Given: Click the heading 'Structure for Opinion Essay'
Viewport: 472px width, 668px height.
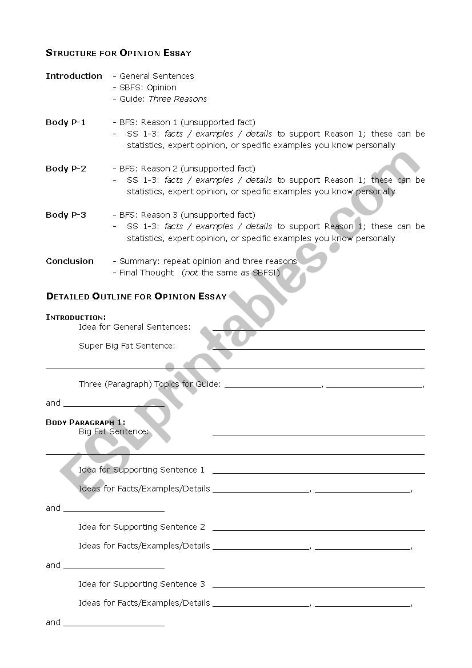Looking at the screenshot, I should pos(118,53).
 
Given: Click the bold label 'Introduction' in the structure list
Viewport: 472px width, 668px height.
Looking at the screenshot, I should pos(74,76).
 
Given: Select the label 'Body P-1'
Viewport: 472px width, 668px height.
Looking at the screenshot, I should pos(66,122).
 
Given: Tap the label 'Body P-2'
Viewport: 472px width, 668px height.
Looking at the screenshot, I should pos(66,169).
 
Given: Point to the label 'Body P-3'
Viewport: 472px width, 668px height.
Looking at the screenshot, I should pos(66,215).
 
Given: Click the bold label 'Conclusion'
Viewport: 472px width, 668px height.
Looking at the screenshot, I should pos(70,261).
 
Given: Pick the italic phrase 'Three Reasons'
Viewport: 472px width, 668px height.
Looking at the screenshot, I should pos(178,99).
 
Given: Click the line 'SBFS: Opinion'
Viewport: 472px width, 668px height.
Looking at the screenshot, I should pos(148,87).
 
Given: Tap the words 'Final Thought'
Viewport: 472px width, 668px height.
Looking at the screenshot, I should pos(147,273).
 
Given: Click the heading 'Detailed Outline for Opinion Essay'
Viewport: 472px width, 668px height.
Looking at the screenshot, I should pos(136,297).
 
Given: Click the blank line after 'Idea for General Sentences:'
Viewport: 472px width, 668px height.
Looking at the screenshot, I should pos(318,329).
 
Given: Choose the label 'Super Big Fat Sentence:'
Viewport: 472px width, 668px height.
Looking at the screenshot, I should pos(127,346).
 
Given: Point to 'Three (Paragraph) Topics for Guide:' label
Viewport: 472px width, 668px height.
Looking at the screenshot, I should pos(150,384).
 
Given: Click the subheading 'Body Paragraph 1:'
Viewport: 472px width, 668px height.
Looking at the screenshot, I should pos(86,422).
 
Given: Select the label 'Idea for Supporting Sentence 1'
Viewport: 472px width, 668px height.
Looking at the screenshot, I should pos(142,470).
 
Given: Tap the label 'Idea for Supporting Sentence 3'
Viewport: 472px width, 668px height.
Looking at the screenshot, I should pos(142,584).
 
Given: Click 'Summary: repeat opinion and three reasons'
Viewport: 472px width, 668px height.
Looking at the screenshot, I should pos(208,261).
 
